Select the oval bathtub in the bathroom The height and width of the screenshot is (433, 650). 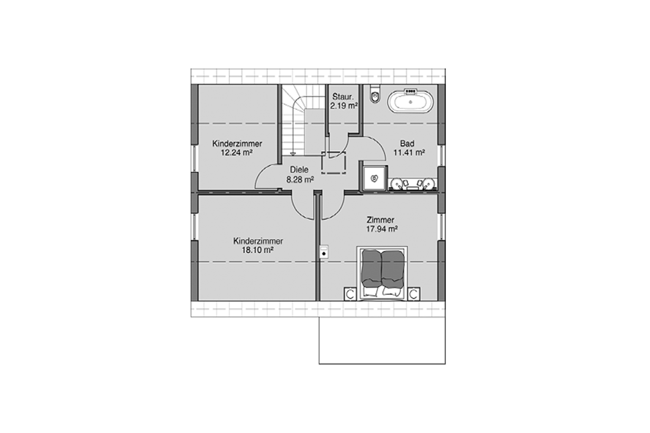point(409,102)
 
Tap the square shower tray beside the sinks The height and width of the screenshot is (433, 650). point(374,178)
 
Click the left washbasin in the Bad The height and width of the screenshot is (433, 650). point(397,184)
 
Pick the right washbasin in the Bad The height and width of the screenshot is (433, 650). point(429,184)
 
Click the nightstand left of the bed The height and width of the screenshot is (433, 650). point(350,294)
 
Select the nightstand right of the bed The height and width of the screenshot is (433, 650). point(414,294)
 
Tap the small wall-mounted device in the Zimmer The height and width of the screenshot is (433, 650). point(323,252)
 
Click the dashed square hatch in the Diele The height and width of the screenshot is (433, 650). point(334,163)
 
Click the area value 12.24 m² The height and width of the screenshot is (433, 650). point(237,152)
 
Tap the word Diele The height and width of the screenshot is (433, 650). point(299,170)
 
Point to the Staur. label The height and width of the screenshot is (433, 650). point(343,97)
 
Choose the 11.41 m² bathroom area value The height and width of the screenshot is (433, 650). point(409,152)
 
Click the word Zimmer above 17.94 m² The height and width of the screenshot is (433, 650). point(380,220)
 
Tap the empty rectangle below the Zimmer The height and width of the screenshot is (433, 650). point(382,340)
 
